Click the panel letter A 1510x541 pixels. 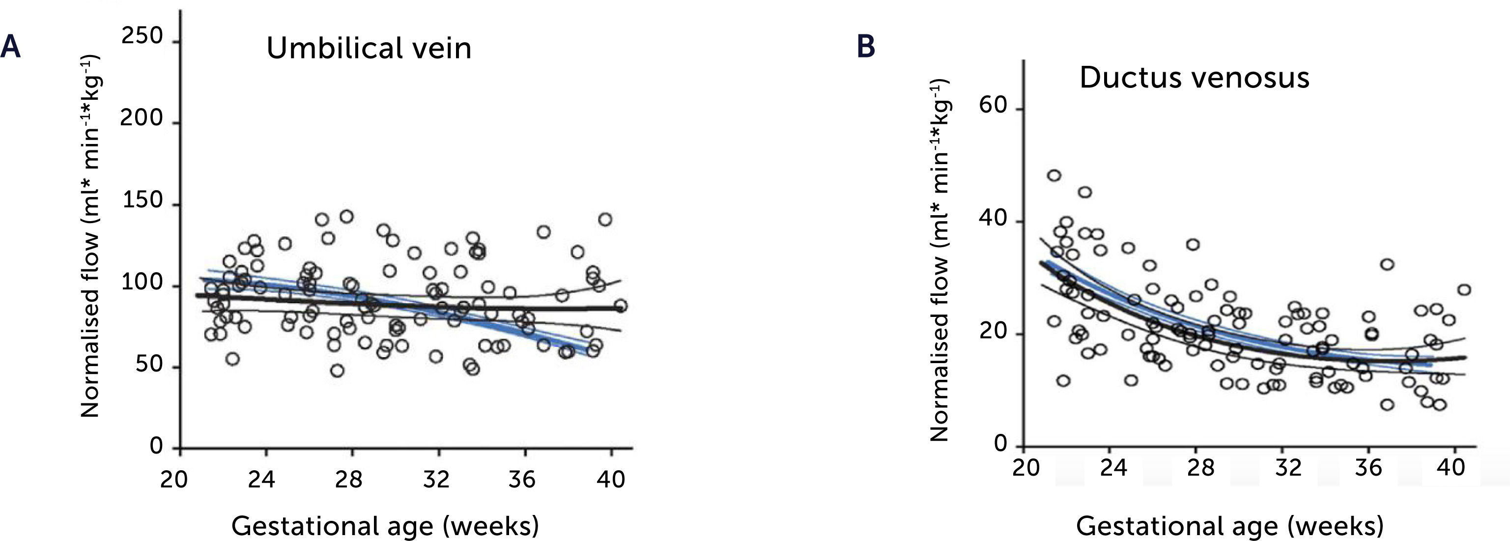pos(10,47)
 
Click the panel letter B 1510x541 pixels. pos(866,47)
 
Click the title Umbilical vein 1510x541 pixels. pos(369,48)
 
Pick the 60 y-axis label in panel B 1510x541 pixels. pos(993,106)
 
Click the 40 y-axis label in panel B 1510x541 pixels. pos(993,219)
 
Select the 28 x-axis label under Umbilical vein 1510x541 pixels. pos(348,480)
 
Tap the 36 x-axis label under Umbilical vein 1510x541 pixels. pos(521,480)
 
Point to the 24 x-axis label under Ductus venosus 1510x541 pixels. pos(1112,468)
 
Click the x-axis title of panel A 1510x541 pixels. pos(385,525)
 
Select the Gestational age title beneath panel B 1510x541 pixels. pos(1230,525)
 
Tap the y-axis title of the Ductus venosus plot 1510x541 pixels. pos(939,261)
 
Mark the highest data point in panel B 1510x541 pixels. pos(1054,175)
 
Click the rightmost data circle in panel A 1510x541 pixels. pos(621,306)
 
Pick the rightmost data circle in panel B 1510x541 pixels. pos(1464,289)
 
